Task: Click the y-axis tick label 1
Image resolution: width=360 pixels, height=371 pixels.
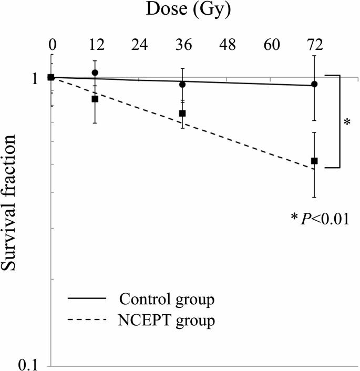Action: tap(36, 79)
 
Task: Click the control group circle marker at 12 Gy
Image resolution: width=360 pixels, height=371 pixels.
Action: tap(95, 73)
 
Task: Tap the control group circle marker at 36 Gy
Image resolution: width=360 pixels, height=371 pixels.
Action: tap(183, 84)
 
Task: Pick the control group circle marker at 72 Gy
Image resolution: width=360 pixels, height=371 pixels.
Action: tap(314, 84)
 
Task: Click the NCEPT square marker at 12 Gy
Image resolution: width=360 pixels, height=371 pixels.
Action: tap(95, 99)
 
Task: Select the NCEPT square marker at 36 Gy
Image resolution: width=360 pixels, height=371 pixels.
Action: tap(183, 113)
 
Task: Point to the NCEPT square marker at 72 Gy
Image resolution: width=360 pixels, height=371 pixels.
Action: tap(314, 161)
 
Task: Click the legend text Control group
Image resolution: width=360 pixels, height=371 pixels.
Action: tap(167, 300)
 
